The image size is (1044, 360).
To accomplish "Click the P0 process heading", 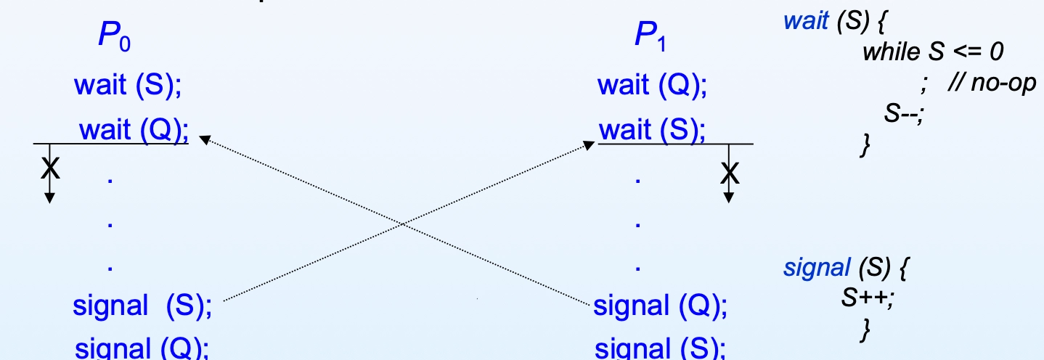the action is pos(115,36).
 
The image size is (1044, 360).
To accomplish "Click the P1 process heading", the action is pos(651,36).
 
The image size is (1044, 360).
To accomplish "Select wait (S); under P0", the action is pos(128,85).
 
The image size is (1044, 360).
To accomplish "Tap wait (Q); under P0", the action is pos(134,130).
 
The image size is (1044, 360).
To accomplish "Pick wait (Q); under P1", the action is pos(652,85).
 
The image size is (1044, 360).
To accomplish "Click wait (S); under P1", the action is pos(652,130).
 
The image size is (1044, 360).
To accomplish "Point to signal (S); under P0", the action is pos(142,306).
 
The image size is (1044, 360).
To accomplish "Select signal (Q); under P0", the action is pos(142,348).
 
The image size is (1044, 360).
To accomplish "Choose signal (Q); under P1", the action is pos(660,306).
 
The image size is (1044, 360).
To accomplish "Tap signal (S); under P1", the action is pos(660,348).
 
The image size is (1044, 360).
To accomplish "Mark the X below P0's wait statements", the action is pos(50,168).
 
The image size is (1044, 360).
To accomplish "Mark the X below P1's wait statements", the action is pos(730,173).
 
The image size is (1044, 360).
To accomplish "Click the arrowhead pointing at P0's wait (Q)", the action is pos(205,139).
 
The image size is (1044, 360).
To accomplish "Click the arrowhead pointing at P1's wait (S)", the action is pos(589,145).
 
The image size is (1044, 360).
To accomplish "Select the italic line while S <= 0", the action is pos(933,52).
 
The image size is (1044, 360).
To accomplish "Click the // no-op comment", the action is pos(992,83).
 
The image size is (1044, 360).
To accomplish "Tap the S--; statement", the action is pos(904,114).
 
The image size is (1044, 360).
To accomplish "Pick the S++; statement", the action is pos(868,298).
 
